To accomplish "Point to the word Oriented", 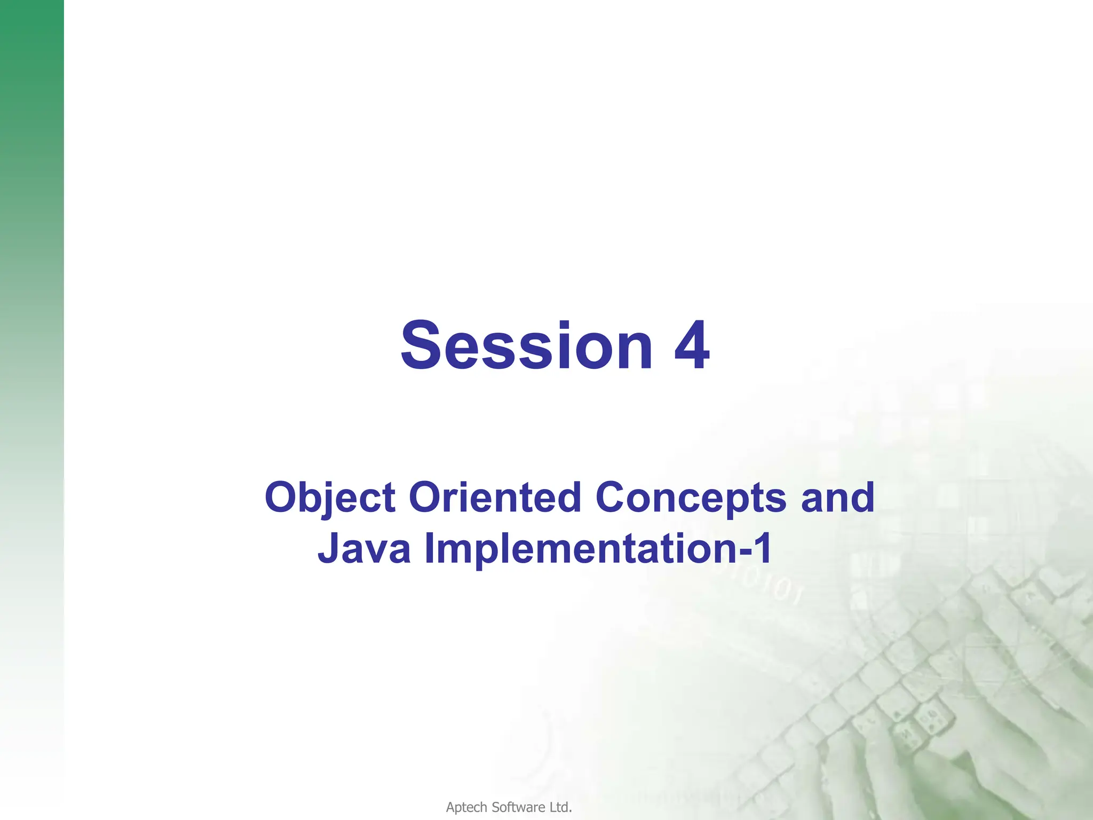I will pyautogui.click(x=495, y=498).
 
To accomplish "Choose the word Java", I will pyautogui.click(x=364, y=548).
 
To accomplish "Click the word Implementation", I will pyautogui.click(x=580, y=549).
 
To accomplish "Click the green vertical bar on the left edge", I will pyautogui.click(x=31, y=374).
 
